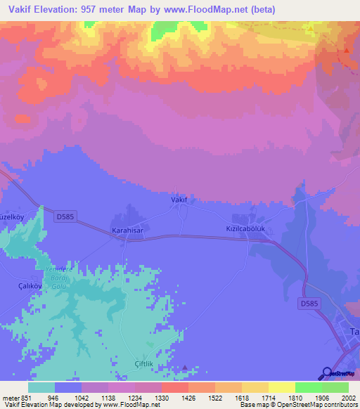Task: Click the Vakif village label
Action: point(179,200)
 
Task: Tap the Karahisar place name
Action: point(128,230)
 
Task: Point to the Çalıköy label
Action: point(15,286)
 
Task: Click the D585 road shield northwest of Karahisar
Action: point(62,217)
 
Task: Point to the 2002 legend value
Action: point(340,398)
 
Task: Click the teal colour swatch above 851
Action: point(41,387)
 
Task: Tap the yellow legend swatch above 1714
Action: point(255,387)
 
